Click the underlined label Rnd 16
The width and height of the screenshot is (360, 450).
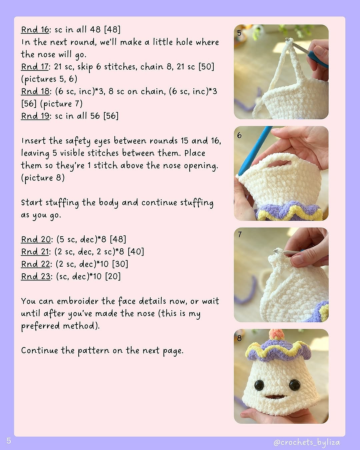click(35, 30)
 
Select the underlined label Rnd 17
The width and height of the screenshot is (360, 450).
click(35, 67)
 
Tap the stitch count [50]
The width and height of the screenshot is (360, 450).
click(206, 67)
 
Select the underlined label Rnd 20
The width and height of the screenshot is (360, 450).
click(36, 239)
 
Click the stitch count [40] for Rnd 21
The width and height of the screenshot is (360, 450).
click(136, 252)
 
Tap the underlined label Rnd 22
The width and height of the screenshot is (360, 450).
click(36, 264)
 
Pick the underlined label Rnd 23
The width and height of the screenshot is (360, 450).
click(36, 276)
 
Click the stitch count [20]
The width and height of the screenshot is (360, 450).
click(113, 276)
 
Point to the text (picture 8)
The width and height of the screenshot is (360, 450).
click(43, 178)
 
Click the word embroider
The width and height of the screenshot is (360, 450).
click(77, 301)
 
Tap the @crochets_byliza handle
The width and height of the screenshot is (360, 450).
click(306, 442)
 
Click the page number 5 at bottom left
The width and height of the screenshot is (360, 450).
click(9, 441)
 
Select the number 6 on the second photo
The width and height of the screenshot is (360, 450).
click(239, 136)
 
